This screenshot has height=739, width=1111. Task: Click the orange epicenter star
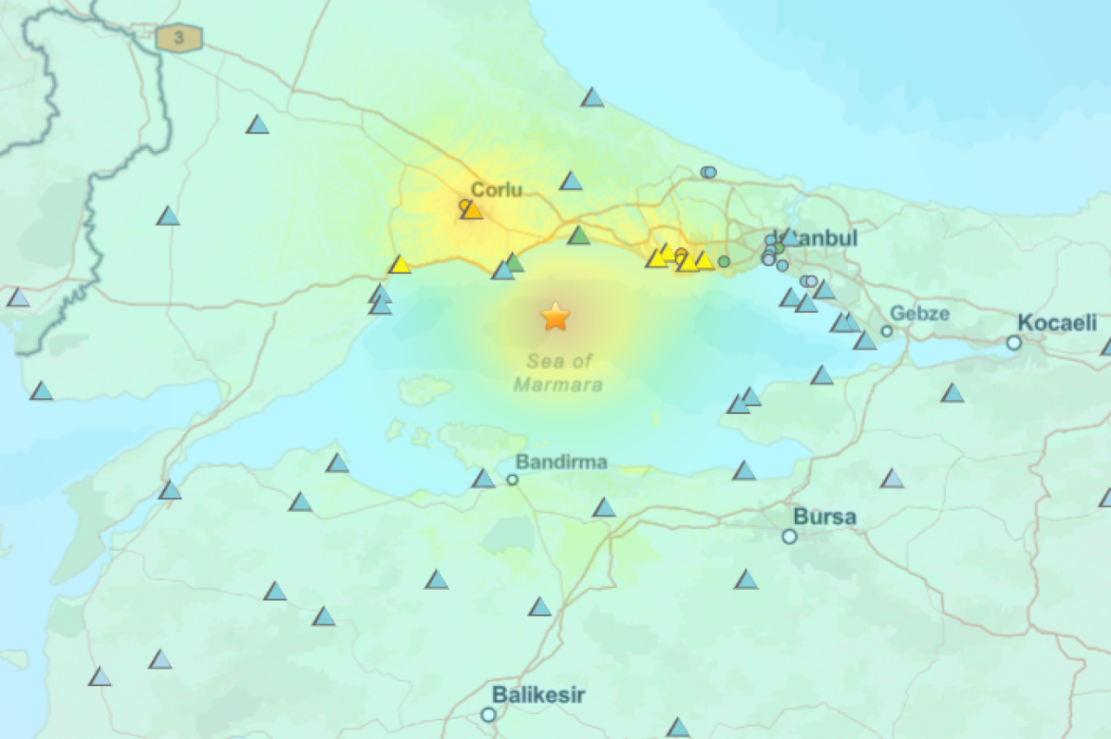point(555,317)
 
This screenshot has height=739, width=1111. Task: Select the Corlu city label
point(496,189)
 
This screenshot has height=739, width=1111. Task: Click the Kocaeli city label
point(1057,324)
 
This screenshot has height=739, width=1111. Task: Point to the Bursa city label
point(825,517)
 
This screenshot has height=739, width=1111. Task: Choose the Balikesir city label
point(538,695)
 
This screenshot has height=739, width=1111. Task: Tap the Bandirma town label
point(561,461)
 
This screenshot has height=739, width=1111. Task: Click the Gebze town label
point(919,313)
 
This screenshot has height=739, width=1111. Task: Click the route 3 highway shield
point(179,38)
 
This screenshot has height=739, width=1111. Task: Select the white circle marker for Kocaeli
point(1014,343)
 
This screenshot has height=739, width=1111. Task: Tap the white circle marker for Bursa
point(789,536)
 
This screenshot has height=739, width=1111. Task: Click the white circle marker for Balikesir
point(489,715)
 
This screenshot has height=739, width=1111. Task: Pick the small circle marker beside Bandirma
point(512,479)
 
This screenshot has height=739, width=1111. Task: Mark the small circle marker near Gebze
point(886,330)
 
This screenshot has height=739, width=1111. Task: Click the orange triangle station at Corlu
point(471,210)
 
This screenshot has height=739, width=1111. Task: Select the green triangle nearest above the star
point(579,235)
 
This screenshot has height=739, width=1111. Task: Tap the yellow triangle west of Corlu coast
point(399,265)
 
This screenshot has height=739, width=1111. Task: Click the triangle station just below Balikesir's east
point(678,727)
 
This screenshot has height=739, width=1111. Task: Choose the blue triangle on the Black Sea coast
point(592,97)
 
